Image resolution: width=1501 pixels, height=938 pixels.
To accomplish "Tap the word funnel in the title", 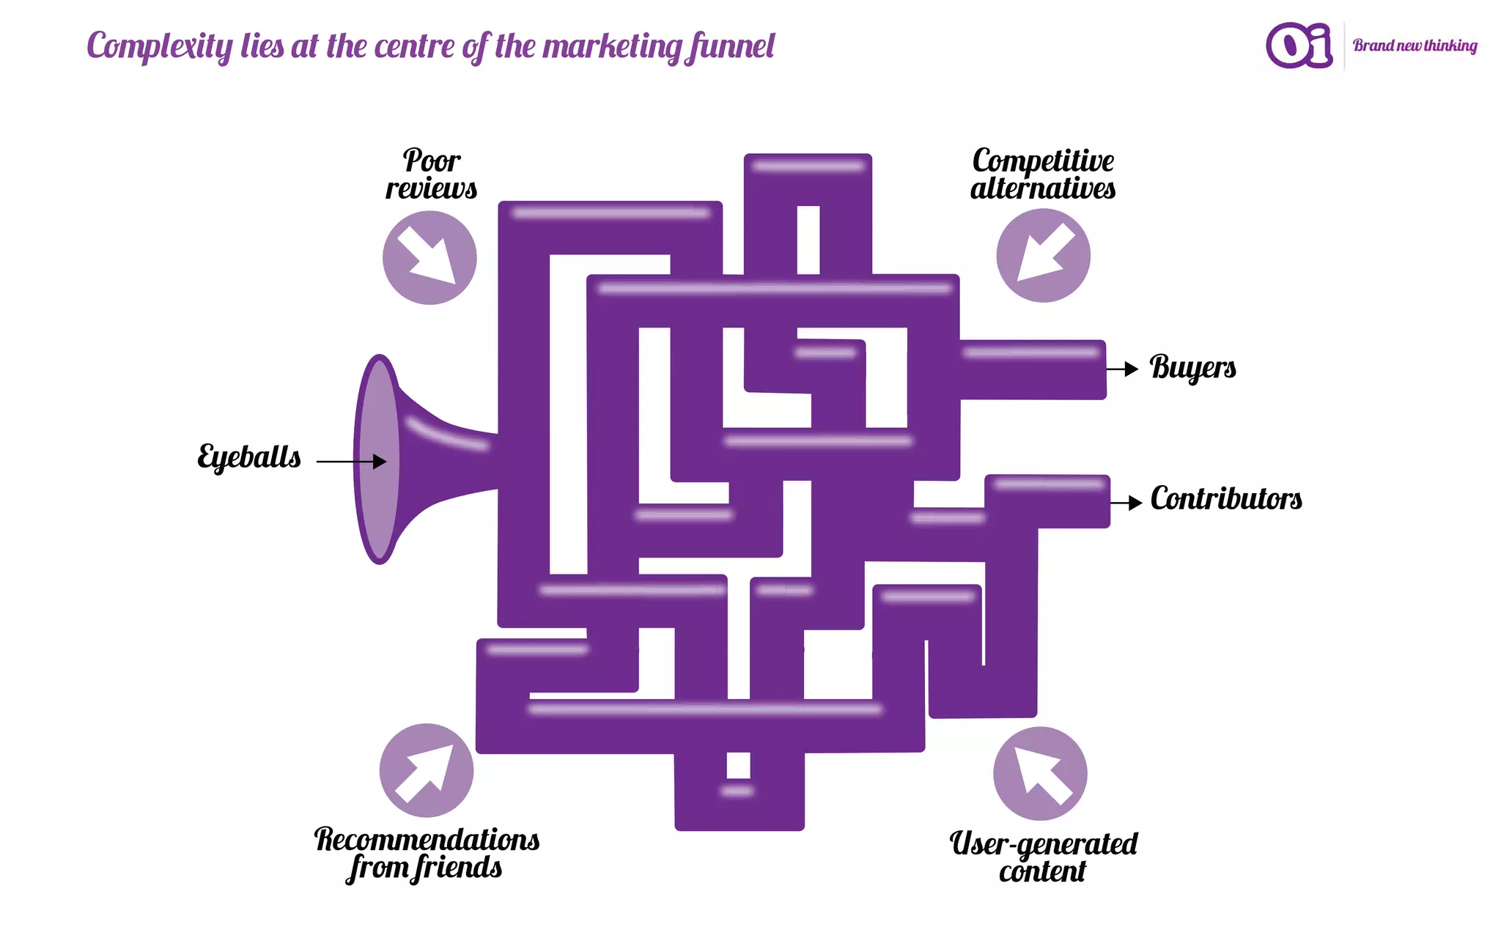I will pos(730,47).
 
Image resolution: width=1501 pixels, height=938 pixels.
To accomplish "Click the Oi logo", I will pos(1299,45).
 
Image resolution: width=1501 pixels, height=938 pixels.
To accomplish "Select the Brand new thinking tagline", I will pos(1415,45).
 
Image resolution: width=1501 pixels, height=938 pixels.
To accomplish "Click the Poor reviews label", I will pos(432,174).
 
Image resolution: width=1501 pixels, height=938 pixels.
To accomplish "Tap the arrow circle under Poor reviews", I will pos(429,257).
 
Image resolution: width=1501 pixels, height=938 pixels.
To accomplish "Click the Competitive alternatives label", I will pos(1043,174).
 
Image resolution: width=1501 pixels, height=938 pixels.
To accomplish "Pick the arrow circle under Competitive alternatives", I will pos(1043,255).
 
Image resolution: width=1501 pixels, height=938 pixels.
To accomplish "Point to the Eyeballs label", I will pos(249,457).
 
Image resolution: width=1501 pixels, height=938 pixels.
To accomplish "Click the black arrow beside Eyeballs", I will pos(351,461).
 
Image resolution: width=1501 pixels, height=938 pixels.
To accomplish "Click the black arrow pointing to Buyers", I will pos(1122,369).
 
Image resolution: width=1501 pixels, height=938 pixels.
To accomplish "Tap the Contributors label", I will pos(1226,499).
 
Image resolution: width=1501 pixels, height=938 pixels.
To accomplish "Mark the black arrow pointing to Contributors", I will pos(1126,503).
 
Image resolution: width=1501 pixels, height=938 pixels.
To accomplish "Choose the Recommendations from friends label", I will pos(427,854).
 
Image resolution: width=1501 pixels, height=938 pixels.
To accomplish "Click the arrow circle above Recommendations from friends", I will pos(427,770).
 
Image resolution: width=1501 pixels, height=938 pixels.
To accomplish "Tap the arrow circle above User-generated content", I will pos(1040,773).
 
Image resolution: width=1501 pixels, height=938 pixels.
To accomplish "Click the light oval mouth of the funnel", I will pos(378,459).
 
